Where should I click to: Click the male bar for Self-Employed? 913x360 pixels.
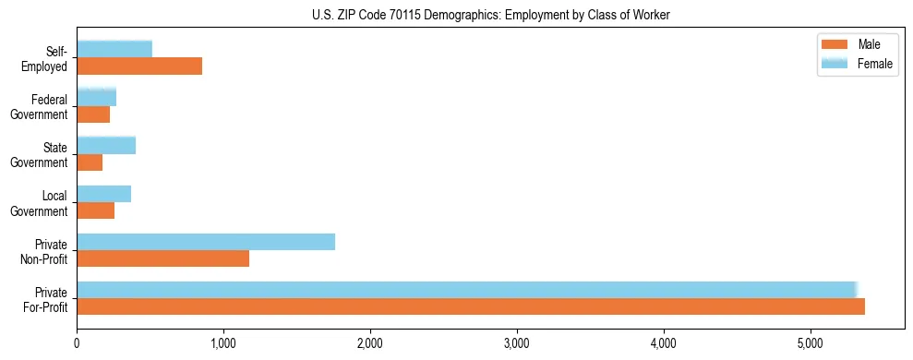139,66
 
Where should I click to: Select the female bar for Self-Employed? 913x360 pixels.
114,49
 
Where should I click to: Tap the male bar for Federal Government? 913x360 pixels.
93,114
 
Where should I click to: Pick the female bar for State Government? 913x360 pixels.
106,145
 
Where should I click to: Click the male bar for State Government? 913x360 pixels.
90,162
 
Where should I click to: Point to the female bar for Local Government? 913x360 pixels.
103,193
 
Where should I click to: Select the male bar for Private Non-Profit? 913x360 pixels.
162,259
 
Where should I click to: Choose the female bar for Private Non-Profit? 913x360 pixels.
206,242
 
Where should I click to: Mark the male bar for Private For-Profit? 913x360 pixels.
471,307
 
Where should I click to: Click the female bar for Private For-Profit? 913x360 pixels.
467,290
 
